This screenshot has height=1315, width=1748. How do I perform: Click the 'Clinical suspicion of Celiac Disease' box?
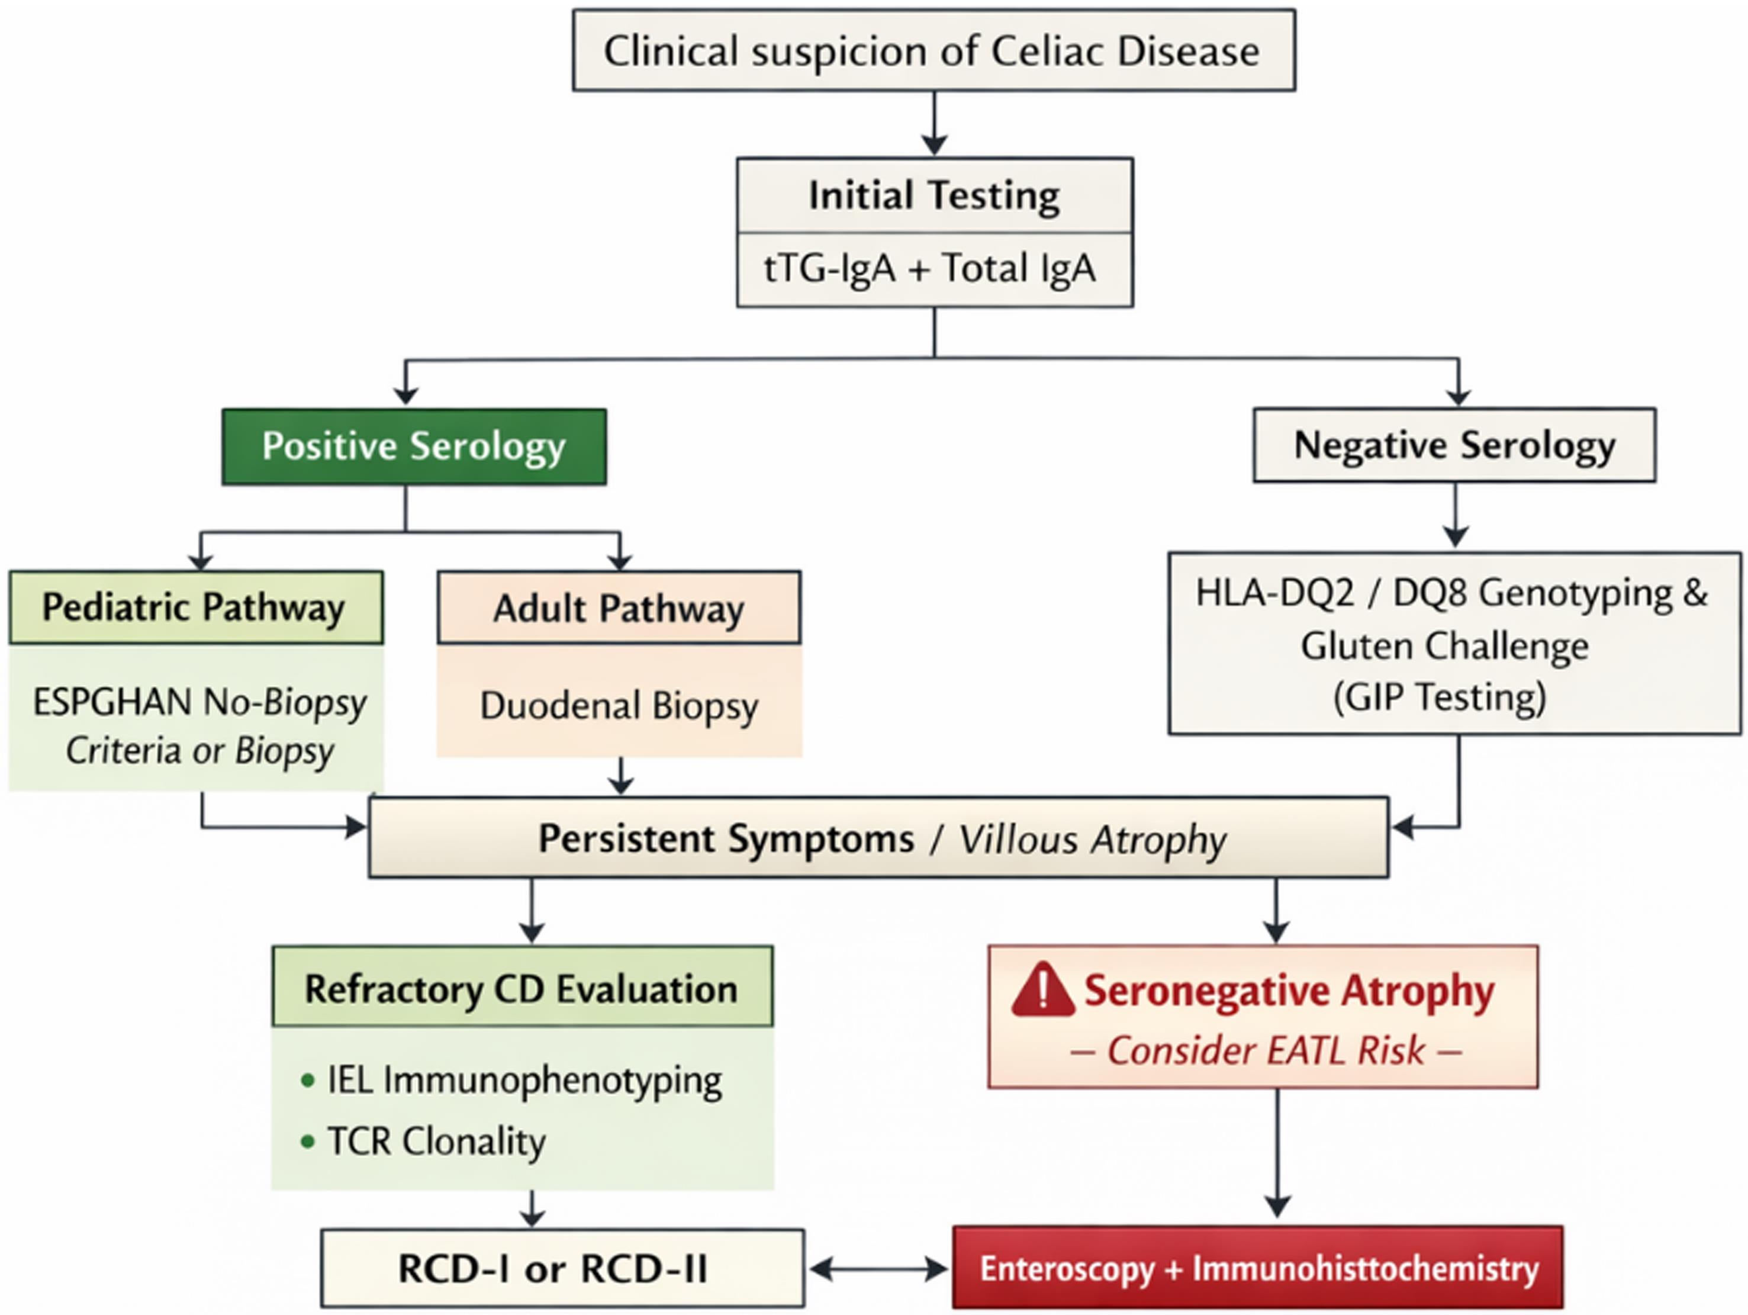pyautogui.click(x=933, y=50)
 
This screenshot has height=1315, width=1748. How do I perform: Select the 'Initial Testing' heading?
pyautogui.click(x=934, y=195)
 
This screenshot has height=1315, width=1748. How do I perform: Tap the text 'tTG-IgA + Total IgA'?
pyautogui.click(x=929, y=269)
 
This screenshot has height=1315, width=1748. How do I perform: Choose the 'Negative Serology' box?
pyautogui.click(x=1453, y=445)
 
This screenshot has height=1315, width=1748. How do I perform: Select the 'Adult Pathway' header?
pyautogui.click(x=618, y=609)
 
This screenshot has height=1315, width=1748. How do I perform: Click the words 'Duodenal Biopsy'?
pyautogui.click(x=618, y=706)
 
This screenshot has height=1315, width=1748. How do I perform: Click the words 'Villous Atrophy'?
pyautogui.click(x=1092, y=839)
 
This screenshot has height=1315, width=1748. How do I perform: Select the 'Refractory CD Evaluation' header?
pyautogui.click(x=521, y=989)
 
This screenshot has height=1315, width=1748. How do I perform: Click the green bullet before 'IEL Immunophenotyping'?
pyautogui.click(x=307, y=1081)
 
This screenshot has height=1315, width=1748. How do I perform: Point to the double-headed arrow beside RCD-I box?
pyautogui.click(x=878, y=1269)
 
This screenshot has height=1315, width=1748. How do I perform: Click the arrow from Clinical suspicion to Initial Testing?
pyautogui.click(x=934, y=123)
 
